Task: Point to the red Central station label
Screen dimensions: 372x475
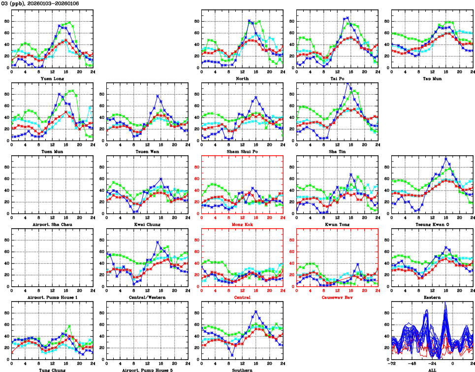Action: (x=242, y=297)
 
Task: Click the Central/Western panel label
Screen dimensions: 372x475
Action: (x=147, y=297)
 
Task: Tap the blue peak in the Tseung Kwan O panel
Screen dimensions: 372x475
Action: (x=445, y=159)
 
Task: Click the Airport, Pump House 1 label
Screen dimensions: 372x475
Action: (x=52, y=297)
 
